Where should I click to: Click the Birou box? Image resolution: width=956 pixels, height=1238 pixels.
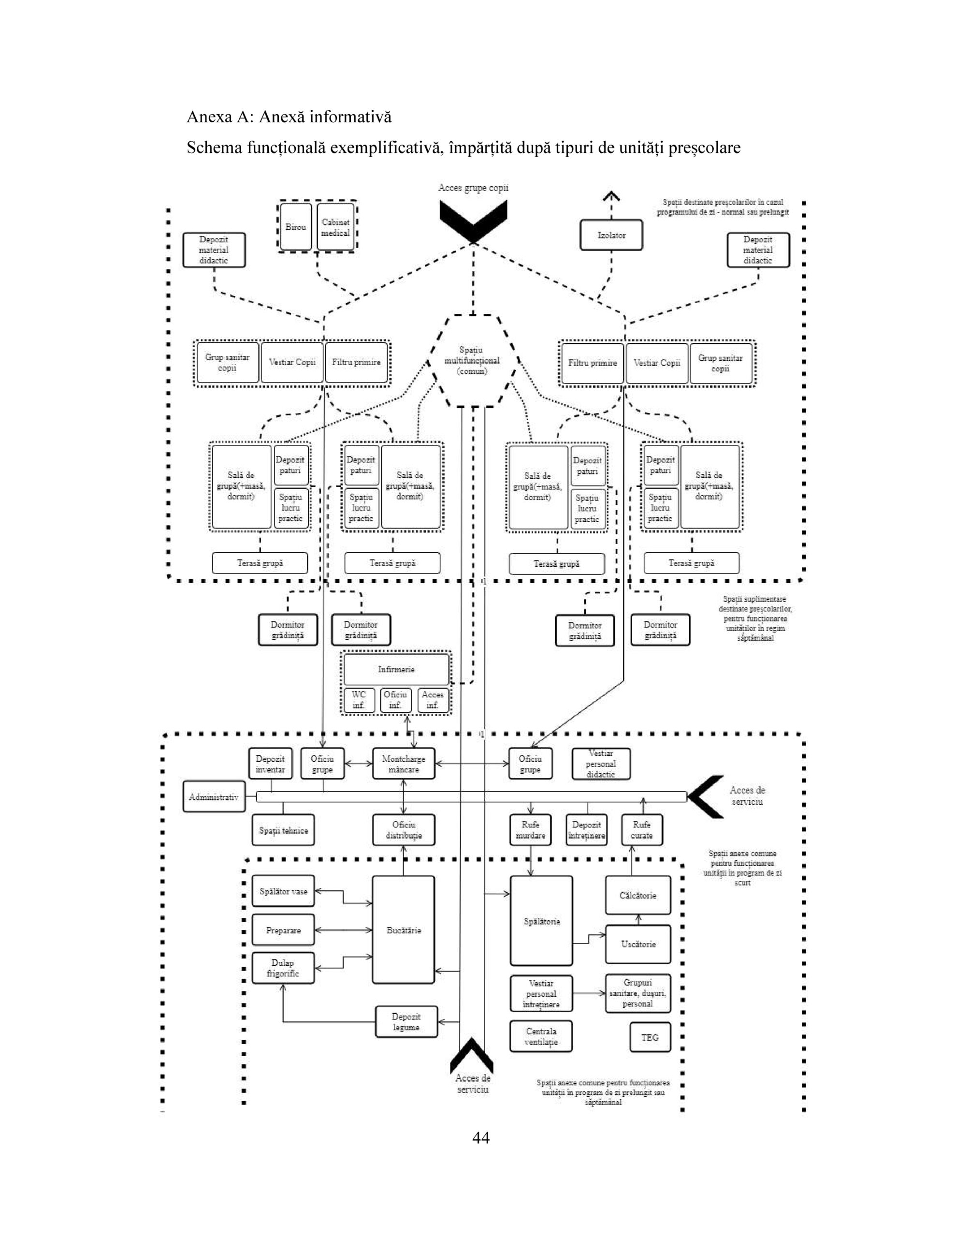pyautogui.click(x=296, y=227)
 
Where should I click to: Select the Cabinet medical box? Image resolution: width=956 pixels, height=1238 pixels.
pyautogui.click(x=335, y=227)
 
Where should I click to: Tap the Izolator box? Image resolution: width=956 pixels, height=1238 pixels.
pyautogui.click(x=611, y=235)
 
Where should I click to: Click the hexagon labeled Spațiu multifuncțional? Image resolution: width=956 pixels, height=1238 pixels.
pyautogui.click(x=472, y=361)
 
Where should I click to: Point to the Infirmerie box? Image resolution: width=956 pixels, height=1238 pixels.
pyautogui.click(x=396, y=669)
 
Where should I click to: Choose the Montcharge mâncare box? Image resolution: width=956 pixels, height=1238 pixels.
pyautogui.click(x=404, y=764)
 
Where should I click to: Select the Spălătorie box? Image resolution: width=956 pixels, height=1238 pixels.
pyautogui.click(x=541, y=921)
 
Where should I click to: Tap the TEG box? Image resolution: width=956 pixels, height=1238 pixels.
pyautogui.click(x=650, y=1037)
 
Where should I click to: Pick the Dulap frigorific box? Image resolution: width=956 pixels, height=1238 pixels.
pyautogui.click(x=283, y=968)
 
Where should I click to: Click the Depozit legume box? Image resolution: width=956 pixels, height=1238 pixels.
pyautogui.click(x=406, y=1022)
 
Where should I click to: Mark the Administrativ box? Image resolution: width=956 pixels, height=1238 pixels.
pyautogui.click(x=214, y=797)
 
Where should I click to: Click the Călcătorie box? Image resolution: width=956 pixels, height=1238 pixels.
pyautogui.click(x=637, y=896)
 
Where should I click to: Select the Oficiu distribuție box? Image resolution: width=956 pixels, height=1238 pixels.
pyautogui.click(x=404, y=830)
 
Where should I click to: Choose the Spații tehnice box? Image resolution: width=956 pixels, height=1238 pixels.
pyautogui.click(x=283, y=830)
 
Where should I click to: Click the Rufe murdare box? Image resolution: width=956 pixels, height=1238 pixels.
pyautogui.click(x=530, y=830)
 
